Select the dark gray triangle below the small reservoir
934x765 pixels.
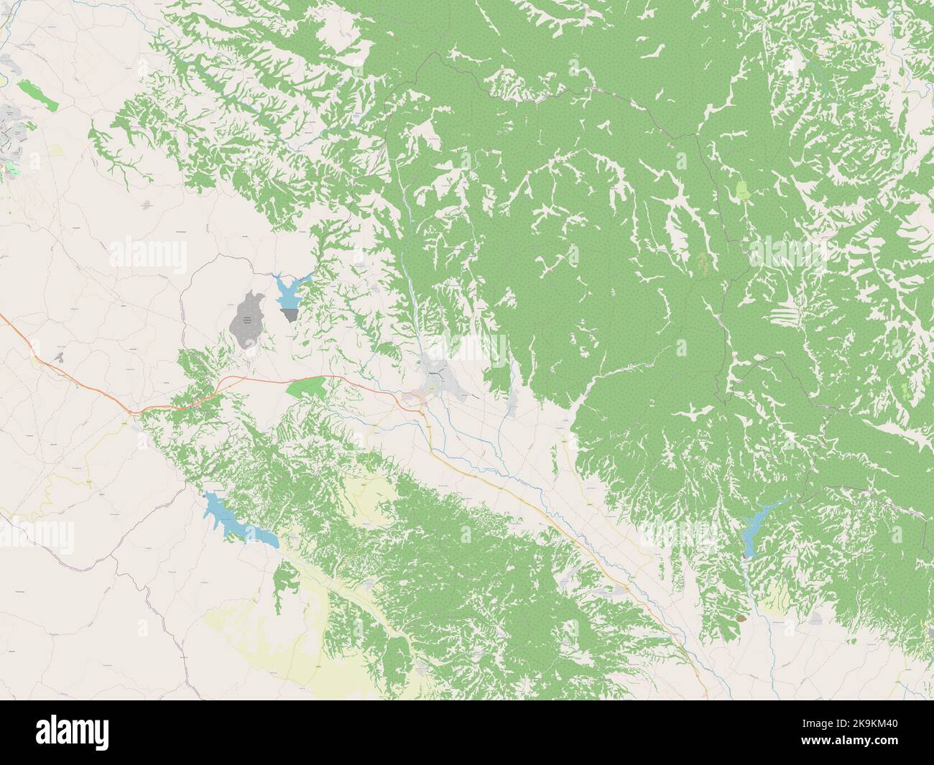(x=290, y=315)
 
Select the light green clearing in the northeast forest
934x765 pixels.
(x=741, y=191)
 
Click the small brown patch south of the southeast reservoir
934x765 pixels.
(x=742, y=616)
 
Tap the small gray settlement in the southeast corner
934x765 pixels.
(x=817, y=618)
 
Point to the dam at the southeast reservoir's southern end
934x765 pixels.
(x=749, y=556)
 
